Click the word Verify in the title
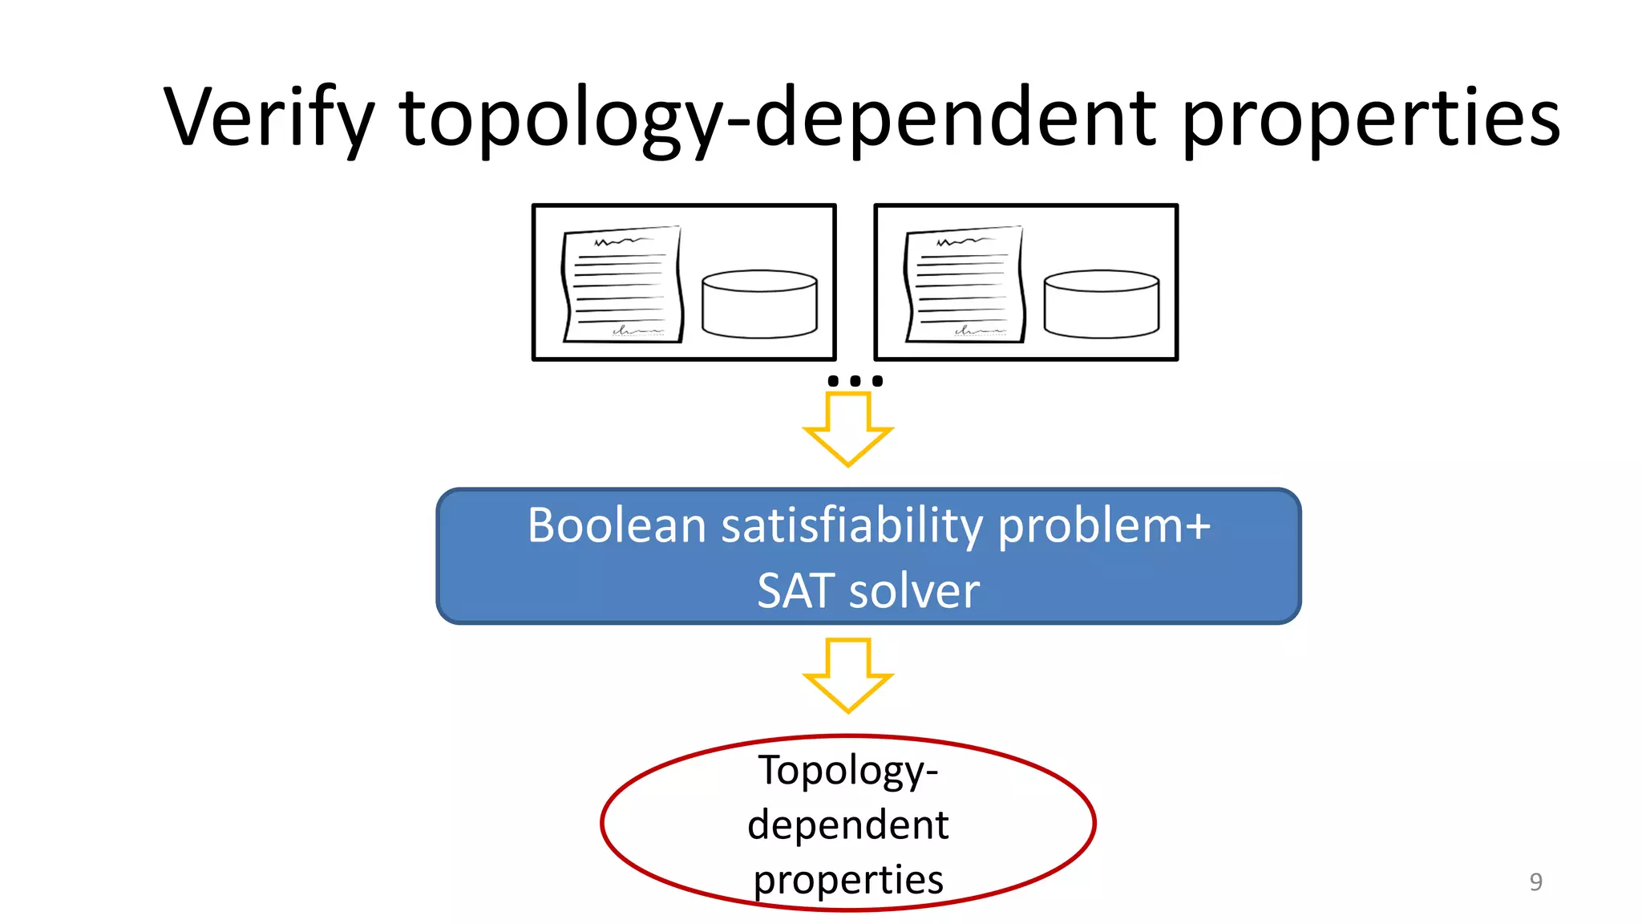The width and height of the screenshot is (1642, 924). pos(269,118)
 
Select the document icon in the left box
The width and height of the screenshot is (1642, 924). pos(622,285)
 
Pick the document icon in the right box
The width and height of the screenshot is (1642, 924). pos(965,285)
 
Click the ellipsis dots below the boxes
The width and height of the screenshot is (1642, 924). pos(855,381)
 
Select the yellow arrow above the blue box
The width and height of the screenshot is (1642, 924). pos(847,429)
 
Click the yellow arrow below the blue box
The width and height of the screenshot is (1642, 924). pos(847,675)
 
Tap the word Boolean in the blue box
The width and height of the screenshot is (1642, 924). pos(617,526)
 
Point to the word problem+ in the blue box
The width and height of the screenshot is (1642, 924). pos(1105,528)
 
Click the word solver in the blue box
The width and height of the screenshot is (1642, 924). pos(914,592)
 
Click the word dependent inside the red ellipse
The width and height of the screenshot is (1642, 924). pos(847,825)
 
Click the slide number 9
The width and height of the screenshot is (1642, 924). pos(1535,881)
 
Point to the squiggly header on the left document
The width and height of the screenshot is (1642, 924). pos(622,241)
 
